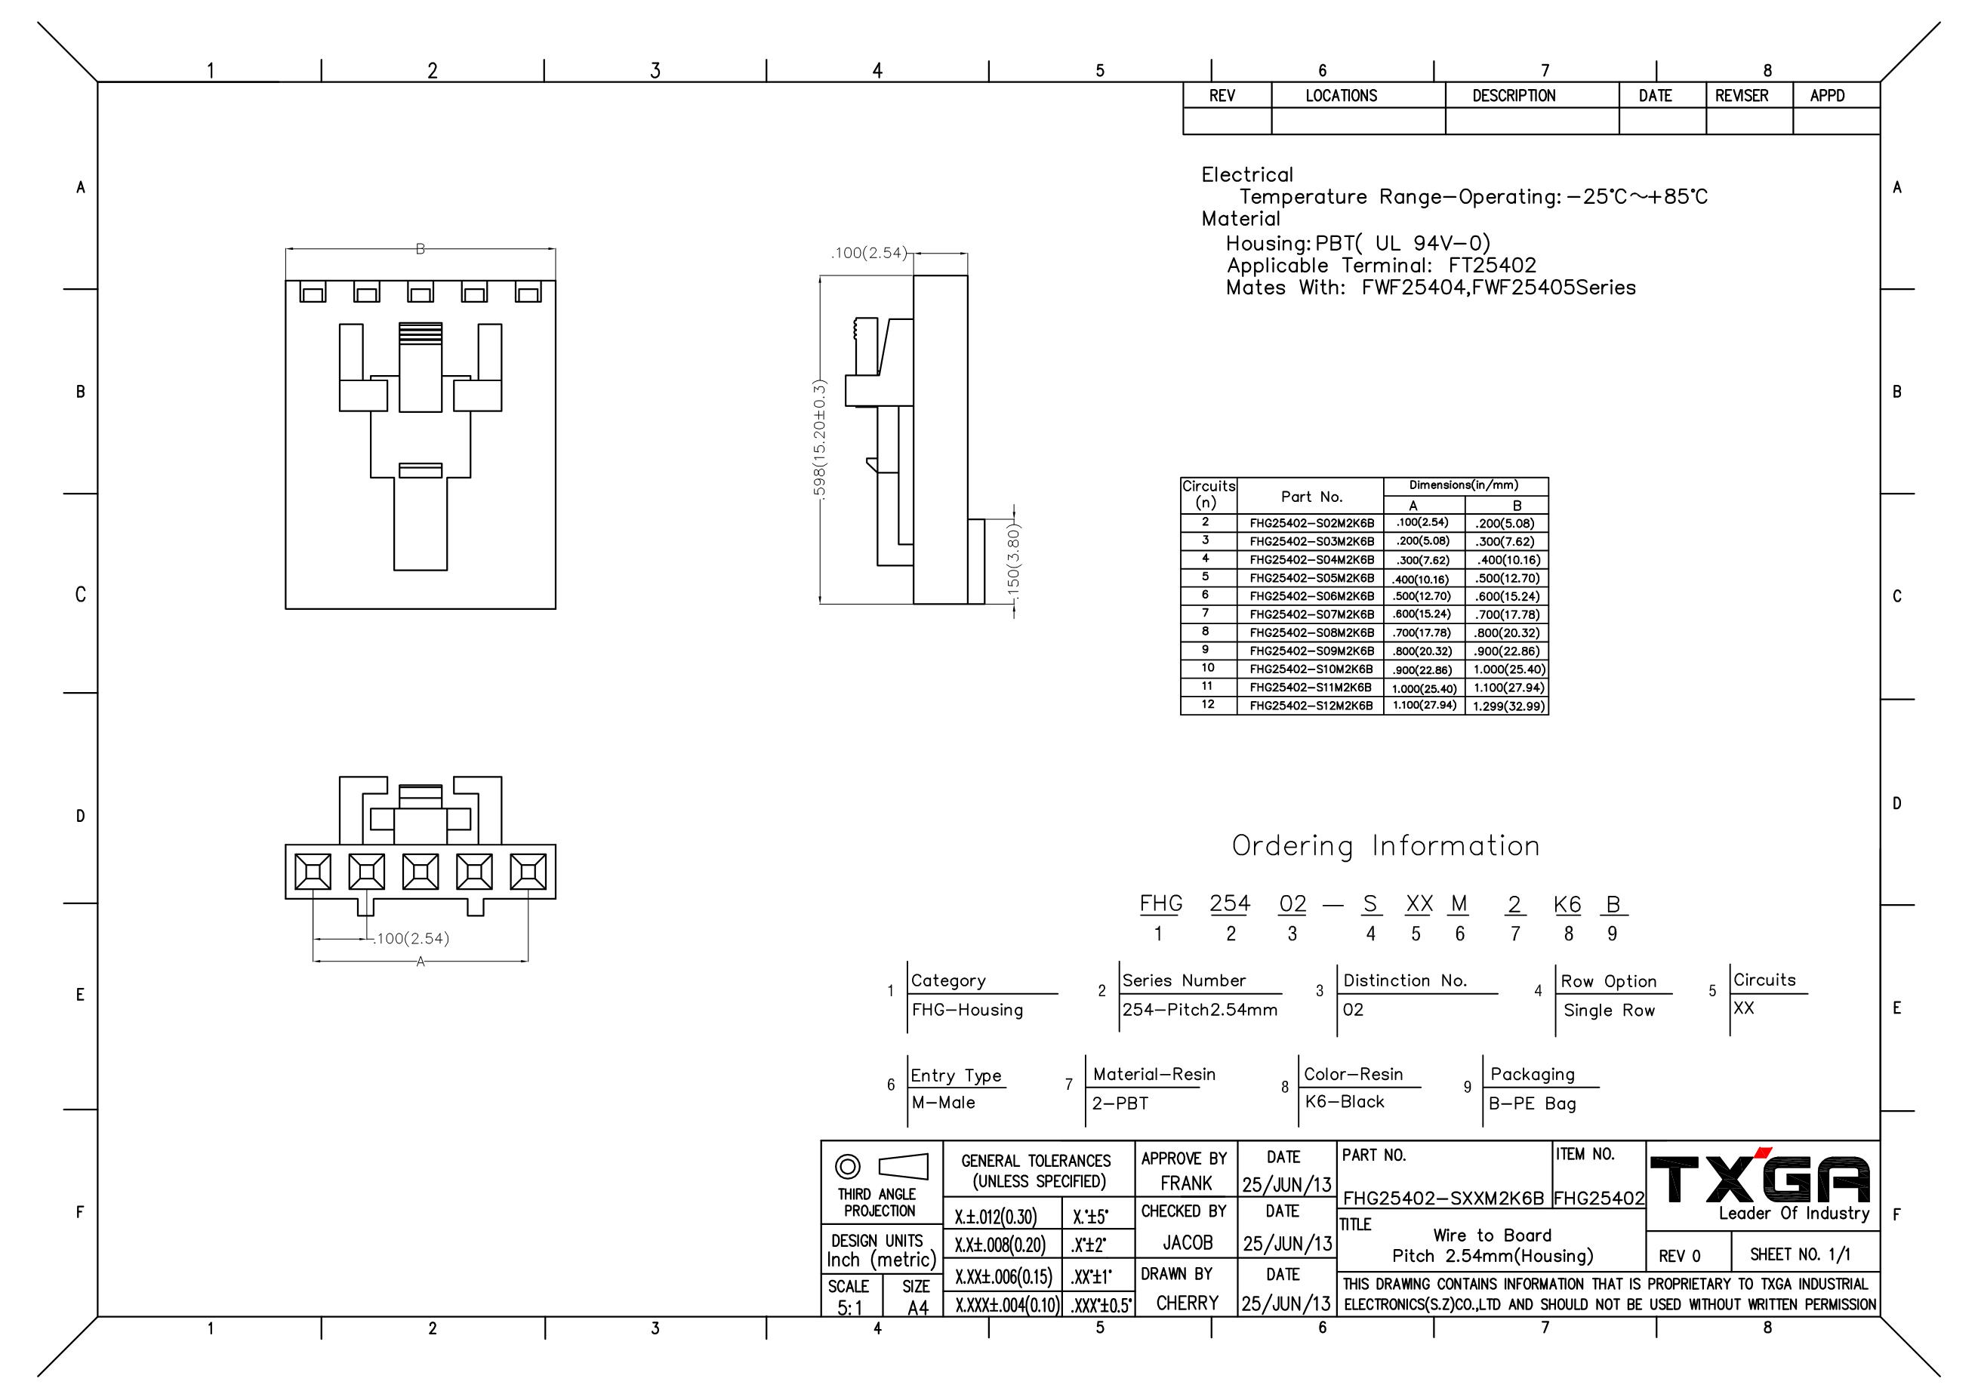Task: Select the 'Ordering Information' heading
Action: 1385,847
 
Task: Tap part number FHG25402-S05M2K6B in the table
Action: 1311,578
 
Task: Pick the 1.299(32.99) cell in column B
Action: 1508,706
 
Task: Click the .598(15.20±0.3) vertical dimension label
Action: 820,438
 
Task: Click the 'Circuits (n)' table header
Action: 1208,494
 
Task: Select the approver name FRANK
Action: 1185,1183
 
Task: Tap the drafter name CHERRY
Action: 1187,1303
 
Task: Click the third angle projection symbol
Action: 881,1167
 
